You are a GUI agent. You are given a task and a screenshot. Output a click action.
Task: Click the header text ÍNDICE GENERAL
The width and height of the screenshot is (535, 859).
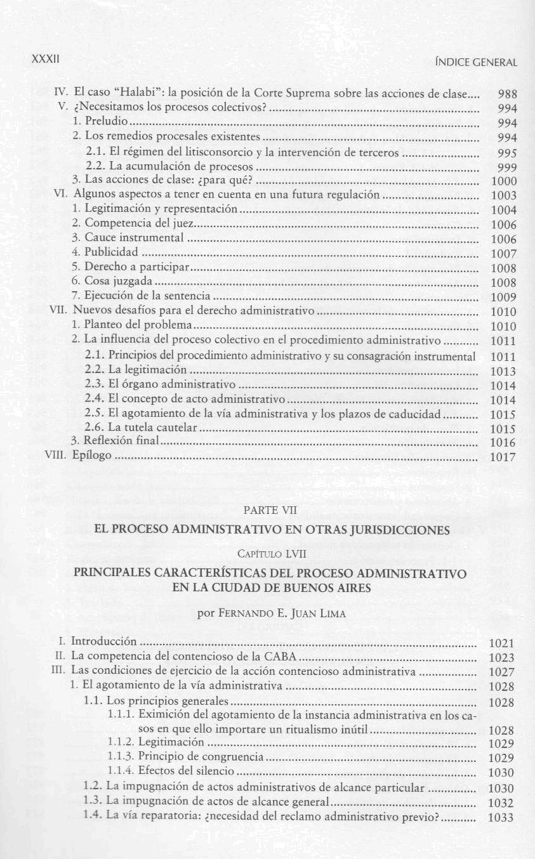474,62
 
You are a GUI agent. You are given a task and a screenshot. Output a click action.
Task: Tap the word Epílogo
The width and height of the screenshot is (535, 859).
92,456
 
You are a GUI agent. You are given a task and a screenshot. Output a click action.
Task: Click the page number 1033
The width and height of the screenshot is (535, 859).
501,818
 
